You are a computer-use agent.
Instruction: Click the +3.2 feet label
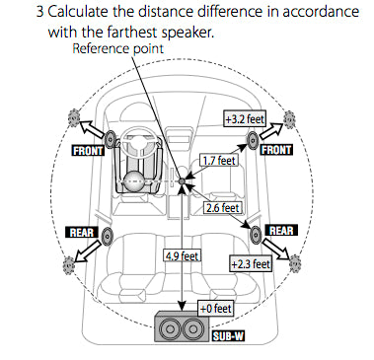tap(242, 119)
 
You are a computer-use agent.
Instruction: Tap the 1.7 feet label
tap(219, 159)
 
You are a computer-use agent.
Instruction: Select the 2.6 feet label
tap(222, 208)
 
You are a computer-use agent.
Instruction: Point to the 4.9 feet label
tap(182, 254)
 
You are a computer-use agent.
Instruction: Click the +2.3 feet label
tap(250, 264)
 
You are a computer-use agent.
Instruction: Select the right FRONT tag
tap(276, 151)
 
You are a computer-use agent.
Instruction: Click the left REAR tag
tap(80, 233)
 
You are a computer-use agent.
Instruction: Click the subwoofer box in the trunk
tap(179, 328)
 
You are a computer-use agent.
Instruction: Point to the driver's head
tap(134, 182)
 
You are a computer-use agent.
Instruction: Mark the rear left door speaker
tap(105, 239)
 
